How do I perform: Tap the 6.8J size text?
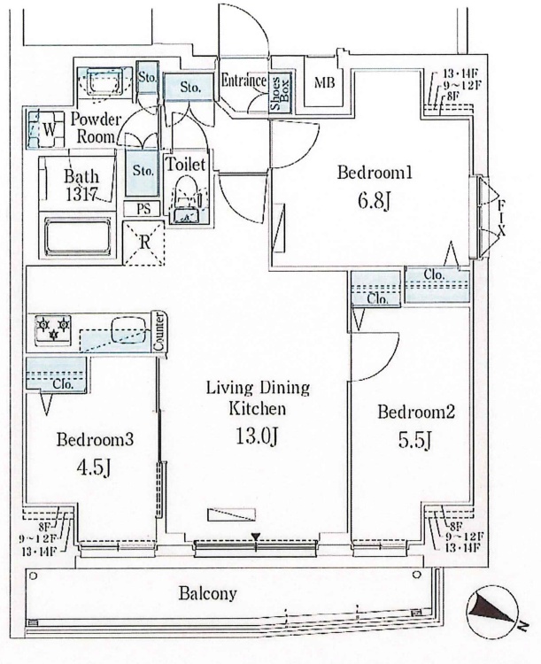tap(372, 201)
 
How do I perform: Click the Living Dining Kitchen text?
tap(257, 398)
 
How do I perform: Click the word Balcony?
tap(207, 593)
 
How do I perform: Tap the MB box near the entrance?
tap(325, 84)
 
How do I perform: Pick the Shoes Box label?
tap(282, 91)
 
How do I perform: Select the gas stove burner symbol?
tap(51, 329)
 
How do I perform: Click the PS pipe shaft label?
tap(142, 208)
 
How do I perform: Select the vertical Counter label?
tap(159, 332)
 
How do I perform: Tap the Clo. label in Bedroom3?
tap(61, 384)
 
